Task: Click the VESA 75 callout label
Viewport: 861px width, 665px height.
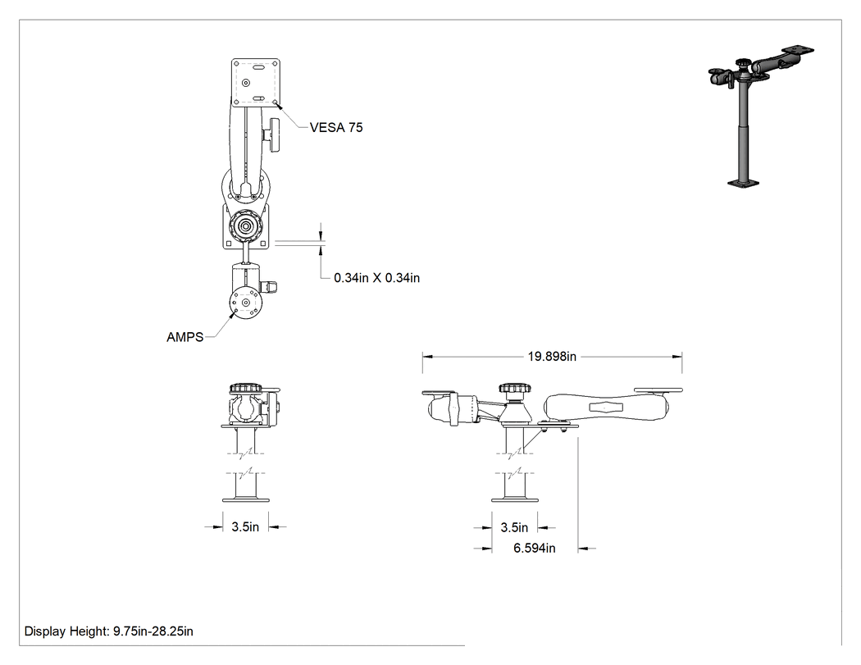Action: (x=336, y=127)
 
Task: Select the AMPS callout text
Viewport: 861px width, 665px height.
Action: (x=185, y=337)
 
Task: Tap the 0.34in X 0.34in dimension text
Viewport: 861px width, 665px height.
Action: (x=376, y=278)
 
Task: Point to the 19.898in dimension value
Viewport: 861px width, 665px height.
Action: (x=552, y=357)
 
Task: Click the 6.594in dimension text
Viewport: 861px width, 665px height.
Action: (x=535, y=548)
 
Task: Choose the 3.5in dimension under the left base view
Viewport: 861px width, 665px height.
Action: (x=245, y=527)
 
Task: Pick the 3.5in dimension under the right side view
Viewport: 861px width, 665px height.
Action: (x=514, y=528)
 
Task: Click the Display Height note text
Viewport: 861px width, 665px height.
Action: (x=109, y=631)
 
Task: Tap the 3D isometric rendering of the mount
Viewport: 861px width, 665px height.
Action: (x=761, y=116)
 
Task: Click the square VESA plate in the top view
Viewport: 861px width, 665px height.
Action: (x=255, y=82)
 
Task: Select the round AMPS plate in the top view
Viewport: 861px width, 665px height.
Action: (x=245, y=303)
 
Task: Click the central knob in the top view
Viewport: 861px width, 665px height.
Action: (x=245, y=225)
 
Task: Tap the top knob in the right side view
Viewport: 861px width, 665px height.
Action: (x=515, y=388)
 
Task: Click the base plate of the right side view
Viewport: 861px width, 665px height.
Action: (x=514, y=499)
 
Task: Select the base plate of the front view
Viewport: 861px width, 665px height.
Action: (x=245, y=499)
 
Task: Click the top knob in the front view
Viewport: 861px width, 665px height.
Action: (x=245, y=388)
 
